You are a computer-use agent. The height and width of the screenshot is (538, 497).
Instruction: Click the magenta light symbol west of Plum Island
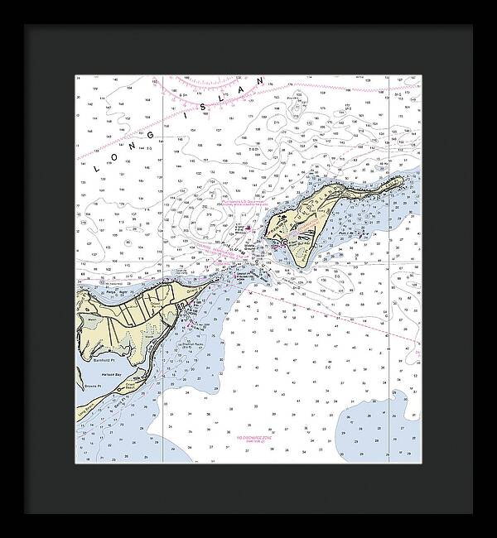pyautogui.click(x=247, y=227)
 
